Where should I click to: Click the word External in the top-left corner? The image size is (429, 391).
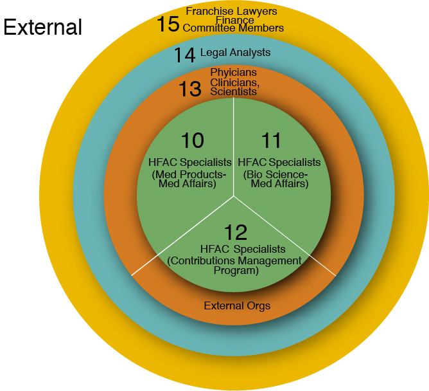click(x=43, y=28)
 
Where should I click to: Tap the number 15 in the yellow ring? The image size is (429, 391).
click(x=168, y=24)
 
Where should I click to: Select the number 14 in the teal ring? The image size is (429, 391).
click(x=184, y=55)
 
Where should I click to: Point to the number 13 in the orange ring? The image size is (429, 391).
click(x=190, y=89)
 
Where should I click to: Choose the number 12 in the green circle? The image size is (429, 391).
click(x=235, y=232)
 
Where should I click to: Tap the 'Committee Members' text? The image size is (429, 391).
click(x=233, y=28)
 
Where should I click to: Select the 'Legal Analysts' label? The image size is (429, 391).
click(x=236, y=52)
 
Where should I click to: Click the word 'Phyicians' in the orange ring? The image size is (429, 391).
click(x=234, y=72)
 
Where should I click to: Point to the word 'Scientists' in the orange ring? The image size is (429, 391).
click(x=234, y=91)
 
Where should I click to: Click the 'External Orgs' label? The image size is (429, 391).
click(x=237, y=305)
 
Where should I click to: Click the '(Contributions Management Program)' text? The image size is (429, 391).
click(x=234, y=266)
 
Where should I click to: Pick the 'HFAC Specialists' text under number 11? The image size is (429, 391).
click(x=279, y=162)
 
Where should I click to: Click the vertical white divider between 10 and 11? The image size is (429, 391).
click(x=234, y=148)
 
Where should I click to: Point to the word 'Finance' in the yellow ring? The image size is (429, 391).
click(x=233, y=19)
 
